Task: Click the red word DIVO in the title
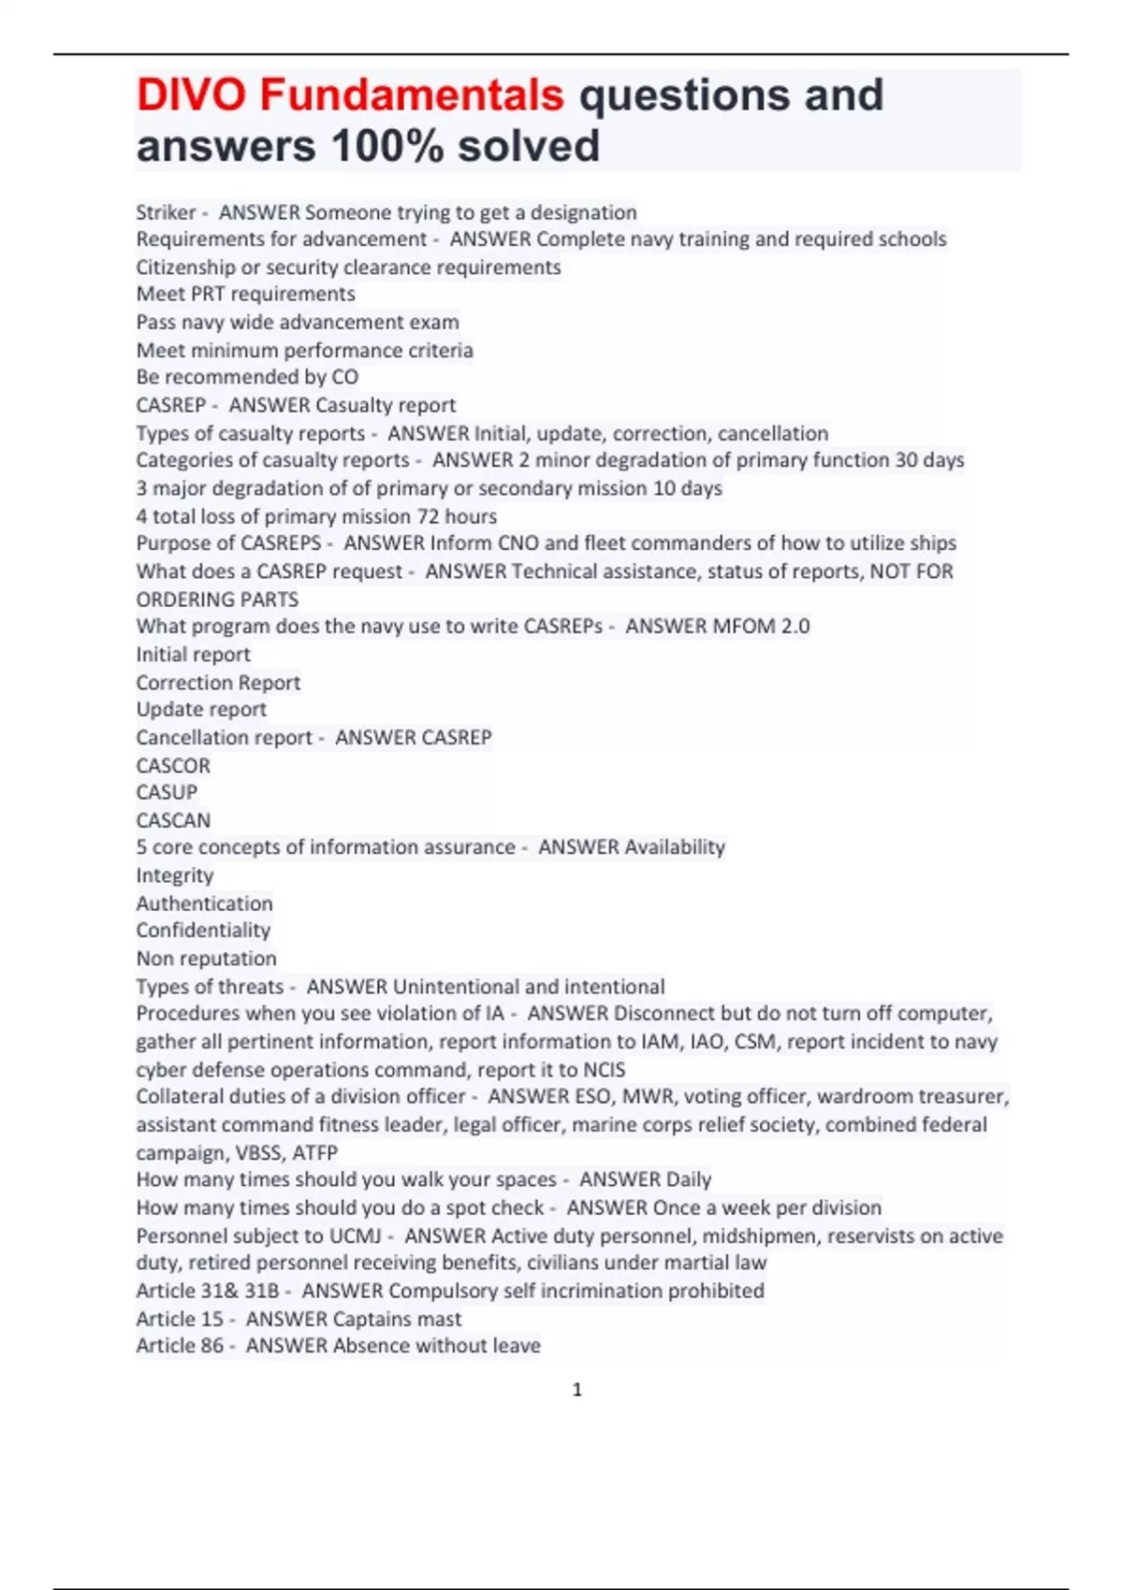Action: [191, 95]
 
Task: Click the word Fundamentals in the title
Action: [412, 95]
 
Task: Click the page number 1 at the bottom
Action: [576, 1390]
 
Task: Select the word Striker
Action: [166, 212]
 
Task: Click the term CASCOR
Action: [173, 765]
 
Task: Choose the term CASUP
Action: [167, 792]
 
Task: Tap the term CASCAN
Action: [173, 820]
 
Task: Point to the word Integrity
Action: [175, 875]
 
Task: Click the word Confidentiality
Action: [203, 931]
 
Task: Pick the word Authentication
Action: [204, 903]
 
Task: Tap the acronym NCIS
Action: [604, 1069]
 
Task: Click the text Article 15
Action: [180, 1319]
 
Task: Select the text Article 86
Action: [180, 1346]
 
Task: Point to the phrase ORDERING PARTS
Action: [217, 600]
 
